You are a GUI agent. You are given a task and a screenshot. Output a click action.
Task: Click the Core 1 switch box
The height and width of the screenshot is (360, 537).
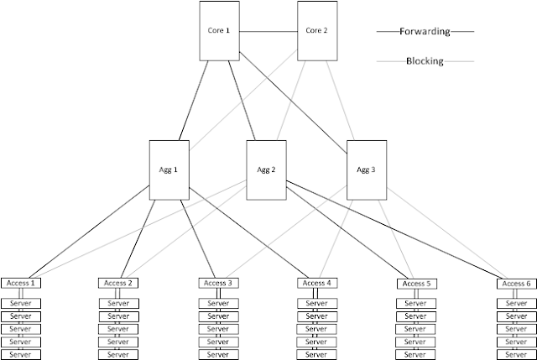[x=220, y=31]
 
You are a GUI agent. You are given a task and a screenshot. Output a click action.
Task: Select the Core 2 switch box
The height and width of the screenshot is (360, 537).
[x=317, y=31]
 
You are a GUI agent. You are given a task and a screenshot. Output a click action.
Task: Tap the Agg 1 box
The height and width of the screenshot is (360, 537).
[x=169, y=170]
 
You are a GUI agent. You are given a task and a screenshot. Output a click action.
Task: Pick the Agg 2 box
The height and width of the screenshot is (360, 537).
[x=267, y=170]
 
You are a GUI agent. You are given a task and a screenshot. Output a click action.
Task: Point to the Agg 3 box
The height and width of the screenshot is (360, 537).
[x=367, y=170]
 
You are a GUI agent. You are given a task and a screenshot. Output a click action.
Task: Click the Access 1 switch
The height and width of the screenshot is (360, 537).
[x=21, y=284]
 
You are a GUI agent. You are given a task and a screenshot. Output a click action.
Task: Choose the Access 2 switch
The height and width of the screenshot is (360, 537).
[x=118, y=284]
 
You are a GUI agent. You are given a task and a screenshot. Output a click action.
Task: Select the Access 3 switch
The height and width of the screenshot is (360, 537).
[x=218, y=283]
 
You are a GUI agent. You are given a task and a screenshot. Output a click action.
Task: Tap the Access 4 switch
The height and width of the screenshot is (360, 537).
[x=317, y=283]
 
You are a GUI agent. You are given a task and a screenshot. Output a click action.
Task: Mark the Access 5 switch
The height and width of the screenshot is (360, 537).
[x=417, y=284]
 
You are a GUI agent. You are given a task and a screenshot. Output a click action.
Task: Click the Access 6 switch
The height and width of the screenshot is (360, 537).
[x=517, y=284]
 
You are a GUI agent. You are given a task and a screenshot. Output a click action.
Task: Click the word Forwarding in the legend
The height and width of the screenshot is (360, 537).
[x=425, y=31]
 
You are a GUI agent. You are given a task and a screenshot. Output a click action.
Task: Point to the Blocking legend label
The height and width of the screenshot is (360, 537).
[x=425, y=61]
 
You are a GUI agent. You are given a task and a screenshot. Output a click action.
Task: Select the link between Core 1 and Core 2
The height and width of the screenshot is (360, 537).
[x=268, y=32]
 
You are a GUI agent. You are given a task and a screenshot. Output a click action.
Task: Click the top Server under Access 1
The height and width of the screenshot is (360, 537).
[x=21, y=304]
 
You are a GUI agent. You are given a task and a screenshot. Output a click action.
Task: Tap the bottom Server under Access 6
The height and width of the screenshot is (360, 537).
[x=517, y=354]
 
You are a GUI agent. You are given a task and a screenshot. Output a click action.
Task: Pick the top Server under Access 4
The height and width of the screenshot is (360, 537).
[x=317, y=304]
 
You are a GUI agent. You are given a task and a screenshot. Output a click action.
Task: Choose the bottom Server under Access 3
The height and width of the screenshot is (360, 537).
[x=218, y=354]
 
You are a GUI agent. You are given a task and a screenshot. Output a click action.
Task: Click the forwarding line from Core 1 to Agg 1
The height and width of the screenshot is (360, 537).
[x=194, y=101]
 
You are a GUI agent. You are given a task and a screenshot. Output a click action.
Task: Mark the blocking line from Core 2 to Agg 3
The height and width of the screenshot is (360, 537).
[x=340, y=101]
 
